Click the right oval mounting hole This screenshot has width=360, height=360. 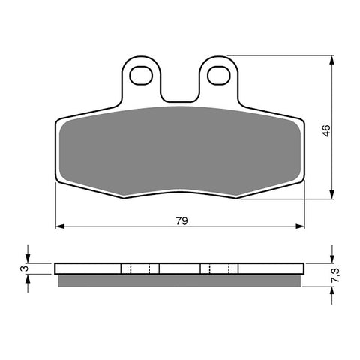click(217, 74)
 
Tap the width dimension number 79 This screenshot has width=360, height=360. click(181, 221)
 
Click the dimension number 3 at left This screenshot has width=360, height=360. click(23, 268)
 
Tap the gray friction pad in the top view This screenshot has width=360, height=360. click(180, 150)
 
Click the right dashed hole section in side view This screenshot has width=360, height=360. click(219, 268)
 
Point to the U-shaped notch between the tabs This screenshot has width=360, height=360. click(179, 90)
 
